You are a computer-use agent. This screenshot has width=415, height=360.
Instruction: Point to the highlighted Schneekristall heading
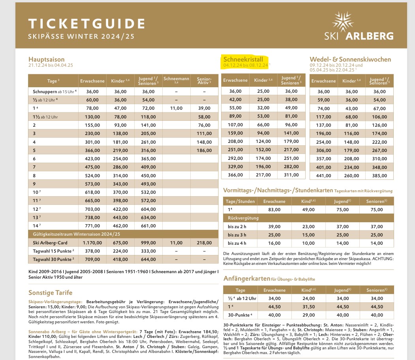(243, 60)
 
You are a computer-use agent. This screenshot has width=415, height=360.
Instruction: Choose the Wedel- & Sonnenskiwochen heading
(350, 60)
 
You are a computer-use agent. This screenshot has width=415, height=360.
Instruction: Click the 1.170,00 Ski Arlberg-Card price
(92, 243)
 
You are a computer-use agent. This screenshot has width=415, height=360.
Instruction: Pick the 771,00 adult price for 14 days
(92, 226)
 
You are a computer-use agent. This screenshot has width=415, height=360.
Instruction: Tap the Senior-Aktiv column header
(205, 81)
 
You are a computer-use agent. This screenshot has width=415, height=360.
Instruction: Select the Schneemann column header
(176, 81)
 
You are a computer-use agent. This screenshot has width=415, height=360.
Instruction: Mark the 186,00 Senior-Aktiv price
(205, 151)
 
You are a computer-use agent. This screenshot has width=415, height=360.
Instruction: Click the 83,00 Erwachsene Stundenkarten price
(274, 210)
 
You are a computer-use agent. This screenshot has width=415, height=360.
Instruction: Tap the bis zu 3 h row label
(237, 235)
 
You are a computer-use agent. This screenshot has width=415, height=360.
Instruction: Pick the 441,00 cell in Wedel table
(323, 175)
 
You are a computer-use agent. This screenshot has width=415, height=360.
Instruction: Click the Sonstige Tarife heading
(50, 292)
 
